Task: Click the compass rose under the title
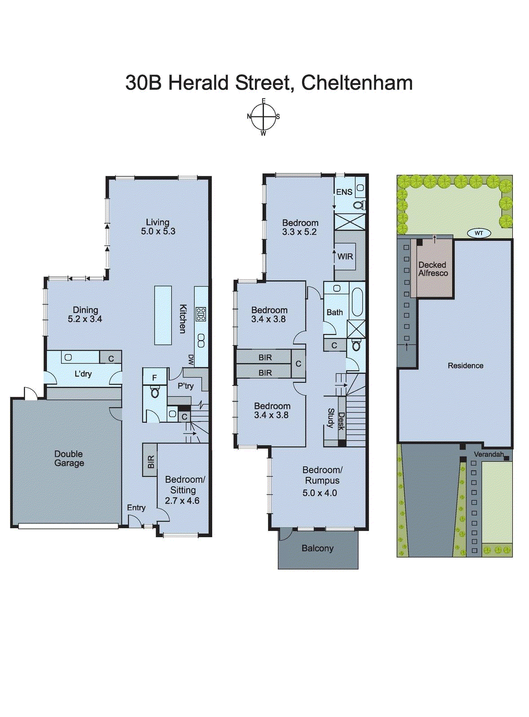tap(263, 117)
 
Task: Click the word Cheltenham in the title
tap(357, 83)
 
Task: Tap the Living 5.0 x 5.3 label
tap(158, 227)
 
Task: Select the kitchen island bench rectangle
tap(163, 315)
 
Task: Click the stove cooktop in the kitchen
tap(201, 314)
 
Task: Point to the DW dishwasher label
tap(191, 360)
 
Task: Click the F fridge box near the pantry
tap(154, 378)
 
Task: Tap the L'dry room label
tap(83, 374)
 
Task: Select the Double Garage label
tap(69, 458)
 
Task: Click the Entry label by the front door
tap(136, 507)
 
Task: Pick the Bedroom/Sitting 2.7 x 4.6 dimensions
tap(182, 501)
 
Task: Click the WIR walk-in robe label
tap(345, 257)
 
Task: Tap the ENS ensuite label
tap(344, 192)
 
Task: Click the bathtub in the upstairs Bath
tap(357, 302)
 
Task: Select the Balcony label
tap(317, 548)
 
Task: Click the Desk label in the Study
tap(341, 421)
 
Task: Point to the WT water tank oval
tap(479, 233)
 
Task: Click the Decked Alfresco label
tap(433, 269)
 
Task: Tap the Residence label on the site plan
tap(465, 366)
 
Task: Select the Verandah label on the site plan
tap(488, 454)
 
